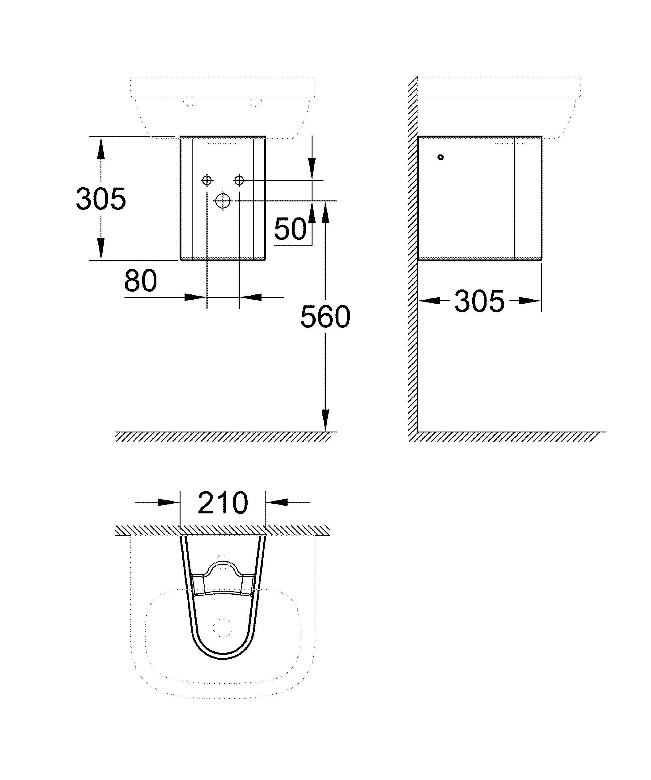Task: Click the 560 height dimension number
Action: pos(325,317)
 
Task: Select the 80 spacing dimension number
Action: pos(140,281)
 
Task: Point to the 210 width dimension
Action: pos(223,503)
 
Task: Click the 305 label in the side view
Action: pos(479,301)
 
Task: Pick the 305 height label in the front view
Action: pos(101,199)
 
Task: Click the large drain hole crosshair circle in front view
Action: pos(223,201)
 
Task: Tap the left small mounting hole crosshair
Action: pos(207,180)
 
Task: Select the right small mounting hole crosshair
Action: pos(239,180)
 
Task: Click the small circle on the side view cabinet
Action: pos(440,157)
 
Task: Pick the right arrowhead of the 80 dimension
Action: pos(250,297)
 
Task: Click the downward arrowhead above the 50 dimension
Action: pos(312,169)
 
